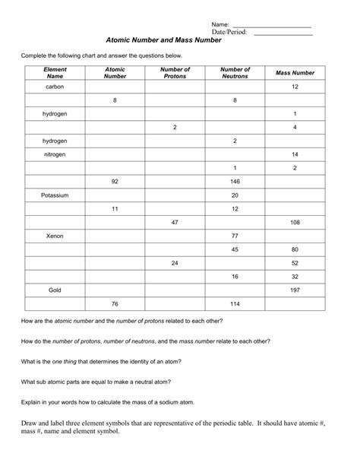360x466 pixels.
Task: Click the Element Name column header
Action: click(x=55, y=72)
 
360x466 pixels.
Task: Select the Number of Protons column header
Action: click(x=175, y=72)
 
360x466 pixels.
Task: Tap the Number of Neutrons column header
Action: click(x=235, y=72)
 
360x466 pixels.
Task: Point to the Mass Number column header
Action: click(x=295, y=72)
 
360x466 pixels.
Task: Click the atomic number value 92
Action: click(x=115, y=182)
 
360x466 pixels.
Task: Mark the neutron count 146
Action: click(x=235, y=182)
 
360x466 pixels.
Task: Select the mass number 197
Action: click(x=295, y=290)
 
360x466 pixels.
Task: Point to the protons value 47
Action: click(x=175, y=223)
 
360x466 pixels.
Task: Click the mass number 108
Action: click(x=295, y=223)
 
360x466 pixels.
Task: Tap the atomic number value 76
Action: click(x=115, y=304)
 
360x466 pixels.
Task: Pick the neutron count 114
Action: click(x=235, y=304)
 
